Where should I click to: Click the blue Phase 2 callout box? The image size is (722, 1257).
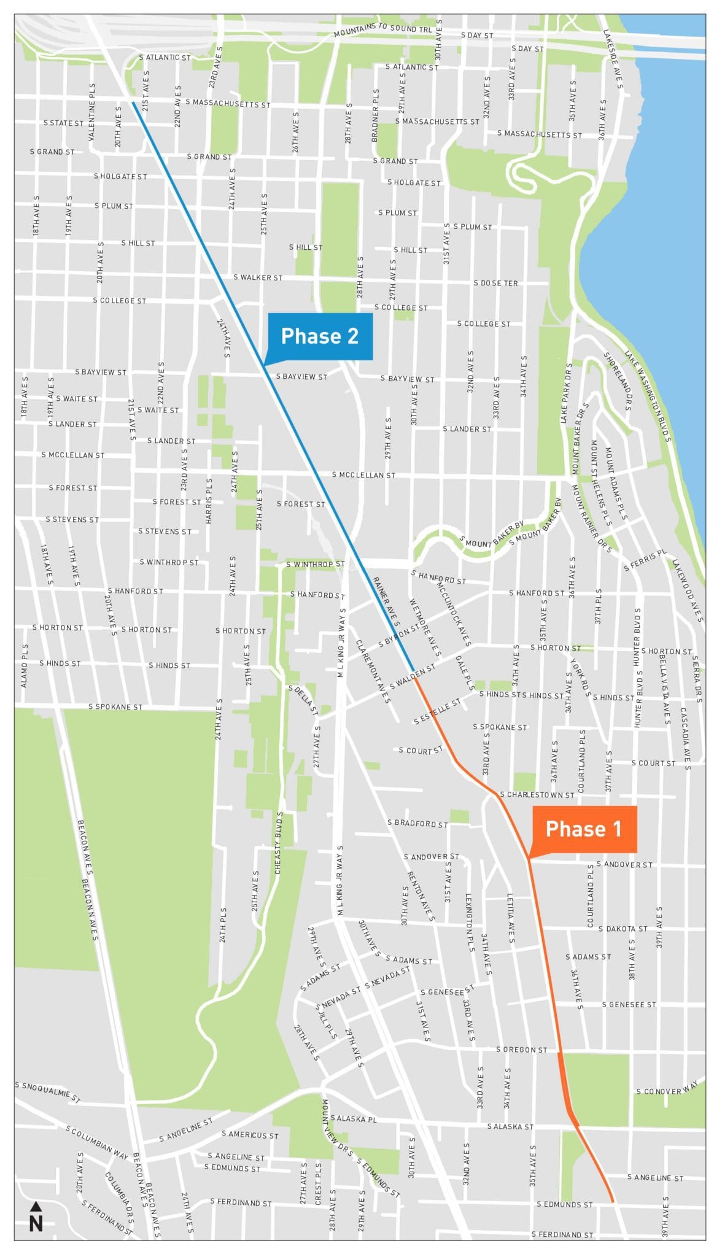point(319,336)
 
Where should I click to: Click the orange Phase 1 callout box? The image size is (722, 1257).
point(583,829)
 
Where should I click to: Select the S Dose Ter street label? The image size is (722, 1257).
point(495,284)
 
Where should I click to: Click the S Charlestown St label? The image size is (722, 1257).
point(537,795)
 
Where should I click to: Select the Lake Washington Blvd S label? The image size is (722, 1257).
point(650,396)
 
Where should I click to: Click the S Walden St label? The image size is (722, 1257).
point(413,676)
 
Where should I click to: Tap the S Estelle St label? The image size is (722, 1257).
point(437,711)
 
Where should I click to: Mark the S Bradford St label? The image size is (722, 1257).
point(417,823)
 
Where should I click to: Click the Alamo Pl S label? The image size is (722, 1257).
point(25,666)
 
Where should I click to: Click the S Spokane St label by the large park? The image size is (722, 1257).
point(115,707)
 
